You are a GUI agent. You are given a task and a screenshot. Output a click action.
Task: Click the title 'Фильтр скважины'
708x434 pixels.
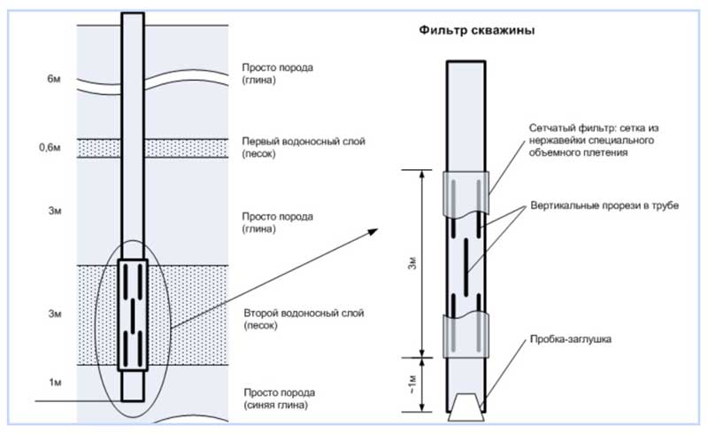point(475,30)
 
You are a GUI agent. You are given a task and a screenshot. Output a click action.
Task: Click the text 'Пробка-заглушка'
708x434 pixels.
point(568,339)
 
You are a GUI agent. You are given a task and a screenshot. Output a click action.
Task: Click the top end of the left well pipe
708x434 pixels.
point(132,15)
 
